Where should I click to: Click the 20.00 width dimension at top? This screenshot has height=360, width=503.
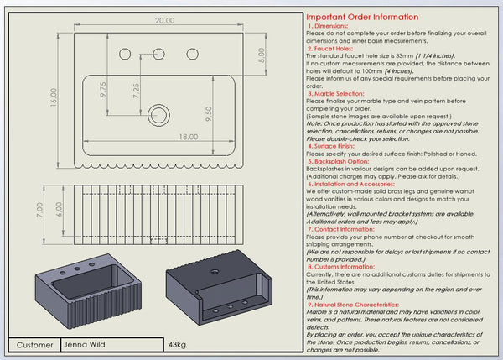(x=164, y=19)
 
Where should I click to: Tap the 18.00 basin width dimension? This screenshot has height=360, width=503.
(x=188, y=136)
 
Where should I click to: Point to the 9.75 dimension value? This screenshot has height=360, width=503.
(x=103, y=91)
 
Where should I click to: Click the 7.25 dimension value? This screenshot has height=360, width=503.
(x=136, y=91)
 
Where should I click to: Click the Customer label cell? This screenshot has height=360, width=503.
(x=34, y=344)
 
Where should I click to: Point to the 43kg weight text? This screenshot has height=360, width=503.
(x=177, y=344)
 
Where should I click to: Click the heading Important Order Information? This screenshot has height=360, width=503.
(x=361, y=17)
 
